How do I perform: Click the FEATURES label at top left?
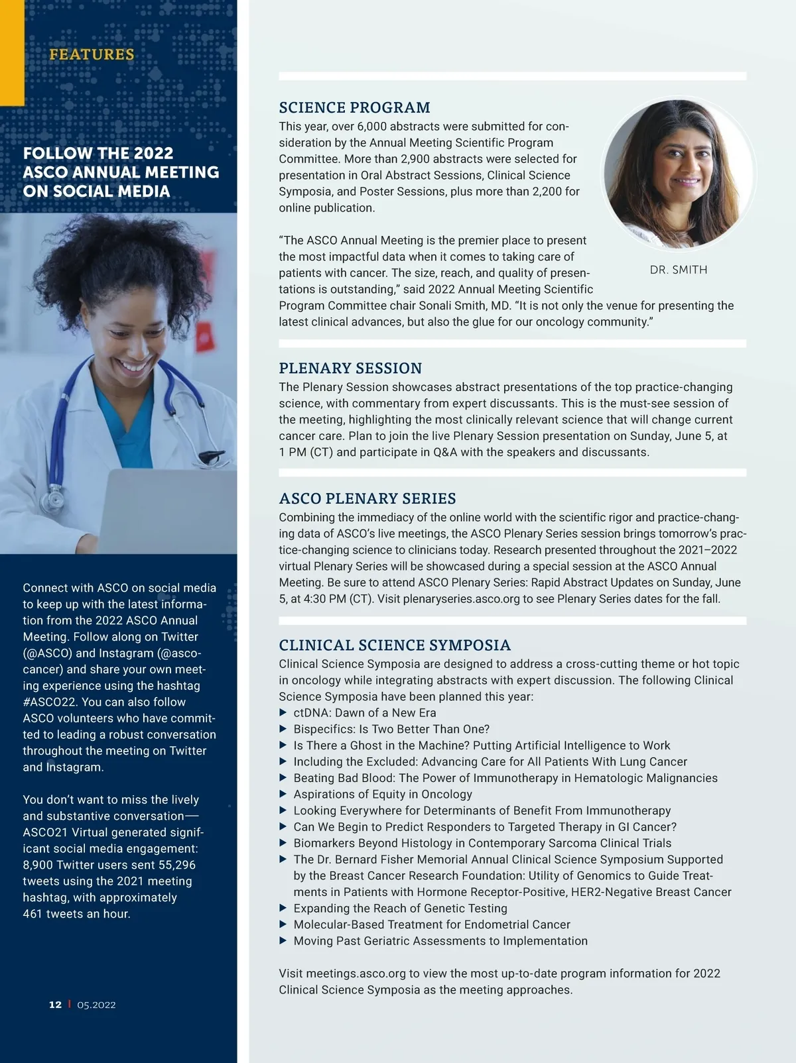coord(92,54)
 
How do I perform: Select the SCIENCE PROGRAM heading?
coord(354,107)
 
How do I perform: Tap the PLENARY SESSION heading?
coord(350,368)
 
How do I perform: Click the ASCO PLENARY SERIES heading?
coord(367,498)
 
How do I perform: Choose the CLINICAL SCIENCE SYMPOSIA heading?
coord(395,645)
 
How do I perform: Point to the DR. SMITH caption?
coord(679,270)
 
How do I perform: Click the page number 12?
coord(55,1005)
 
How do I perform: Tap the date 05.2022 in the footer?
coord(96,1005)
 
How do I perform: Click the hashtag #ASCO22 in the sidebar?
coord(49,702)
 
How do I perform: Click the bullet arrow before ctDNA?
coord(283,713)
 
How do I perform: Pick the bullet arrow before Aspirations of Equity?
coord(283,795)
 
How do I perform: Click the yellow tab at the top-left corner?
coord(12,53)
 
